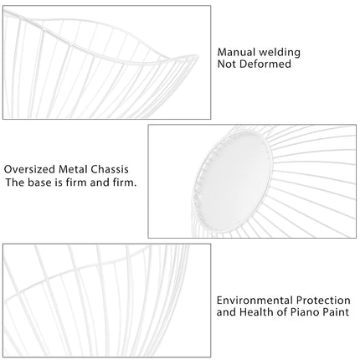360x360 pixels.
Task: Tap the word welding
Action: pyautogui.click(x=280, y=53)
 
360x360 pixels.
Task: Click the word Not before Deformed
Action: pyautogui.click(x=227, y=64)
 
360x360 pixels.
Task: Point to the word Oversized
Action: pyautogui.click(x=29, y=169)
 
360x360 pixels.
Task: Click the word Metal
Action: pyautogui.click(x=73, y=169)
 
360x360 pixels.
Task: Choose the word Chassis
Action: pyautogui.click(x=110, y=169)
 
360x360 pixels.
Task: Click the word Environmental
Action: pyautogui.click(x=255, y=301)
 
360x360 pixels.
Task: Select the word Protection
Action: pyautogui.click(x=323, y=301)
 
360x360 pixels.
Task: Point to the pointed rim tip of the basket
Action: pyautogui.click(x=198, y=56)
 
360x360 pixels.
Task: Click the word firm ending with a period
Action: pyautogui.click(x=125, y=183)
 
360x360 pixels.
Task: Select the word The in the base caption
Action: pyautogui.click(x=15, y=183)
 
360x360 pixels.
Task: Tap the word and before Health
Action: pyautogui.click(x=226, y=312)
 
